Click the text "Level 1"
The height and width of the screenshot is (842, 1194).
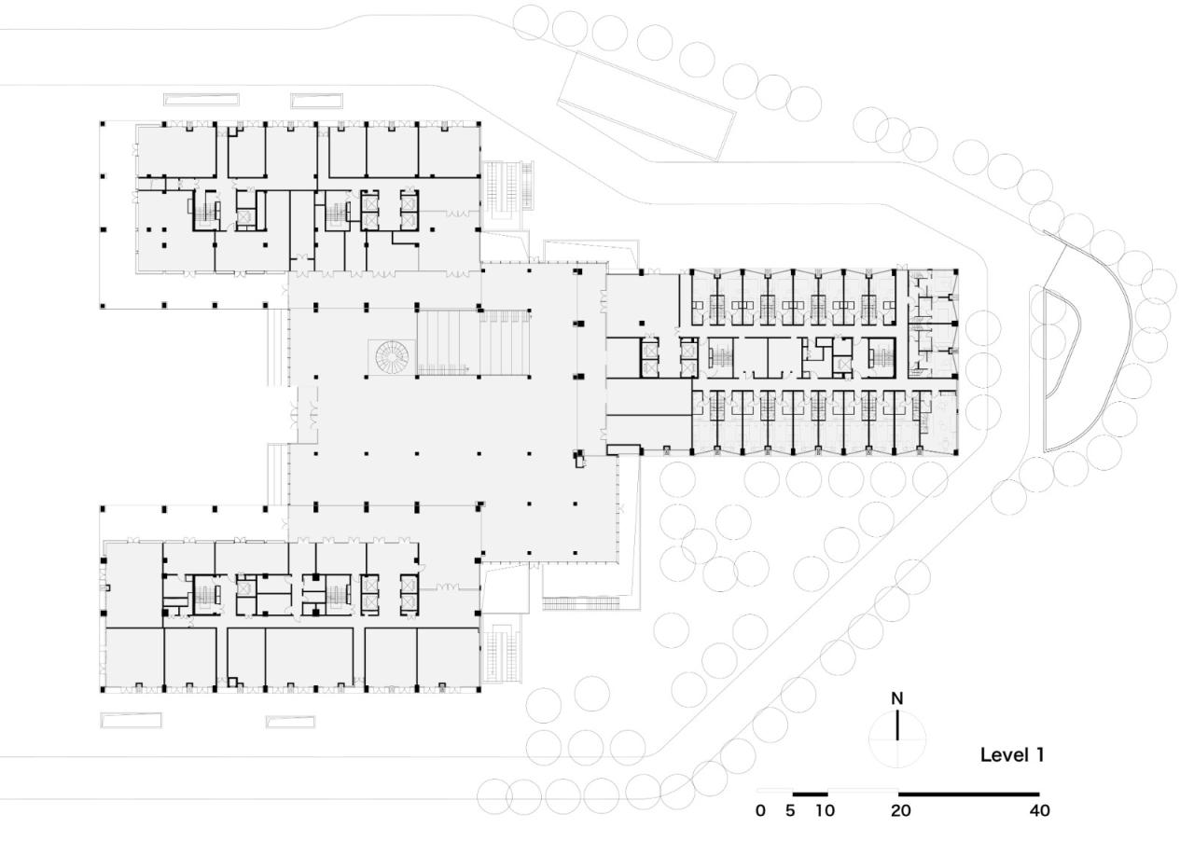tap(1012, 755)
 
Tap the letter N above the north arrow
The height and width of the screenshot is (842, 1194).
tap(897, 698)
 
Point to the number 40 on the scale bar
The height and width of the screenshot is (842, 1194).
tap(1039, 811)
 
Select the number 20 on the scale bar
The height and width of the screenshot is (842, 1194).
tap(900, 811)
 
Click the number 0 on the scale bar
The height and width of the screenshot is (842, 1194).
tap(760, 811)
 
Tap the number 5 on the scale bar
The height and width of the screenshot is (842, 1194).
tap(790, 811)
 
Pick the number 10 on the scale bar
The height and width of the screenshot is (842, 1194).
tap(824, 811)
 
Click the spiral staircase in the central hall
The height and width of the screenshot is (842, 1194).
tap(392, 357)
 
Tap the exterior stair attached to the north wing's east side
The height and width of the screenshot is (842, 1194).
tap(508, 194)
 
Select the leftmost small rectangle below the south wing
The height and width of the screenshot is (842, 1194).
tap(131, 720)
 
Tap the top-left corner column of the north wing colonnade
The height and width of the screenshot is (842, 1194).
tap(103, 123)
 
